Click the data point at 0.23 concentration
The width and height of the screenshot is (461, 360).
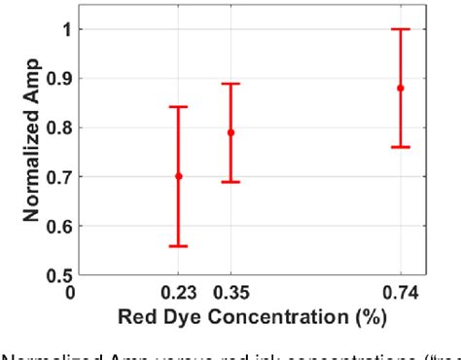(x=178, y=176)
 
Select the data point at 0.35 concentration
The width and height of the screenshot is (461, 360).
(x=230, y=132)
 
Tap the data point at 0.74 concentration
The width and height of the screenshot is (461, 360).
(x=400, y=88)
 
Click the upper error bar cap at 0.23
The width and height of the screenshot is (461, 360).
(x=178, y=107)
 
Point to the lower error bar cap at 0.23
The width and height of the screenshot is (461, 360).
(x=178, y=246)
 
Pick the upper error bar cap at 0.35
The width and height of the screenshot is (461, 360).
(x=230, y=84)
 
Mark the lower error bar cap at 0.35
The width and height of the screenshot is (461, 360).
(x=230, y=182)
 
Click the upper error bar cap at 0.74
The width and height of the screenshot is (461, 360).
(x=400, y=29)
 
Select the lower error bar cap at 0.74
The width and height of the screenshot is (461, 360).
(x=400, y=147)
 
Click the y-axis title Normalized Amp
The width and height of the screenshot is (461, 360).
(x=31, y=152)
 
